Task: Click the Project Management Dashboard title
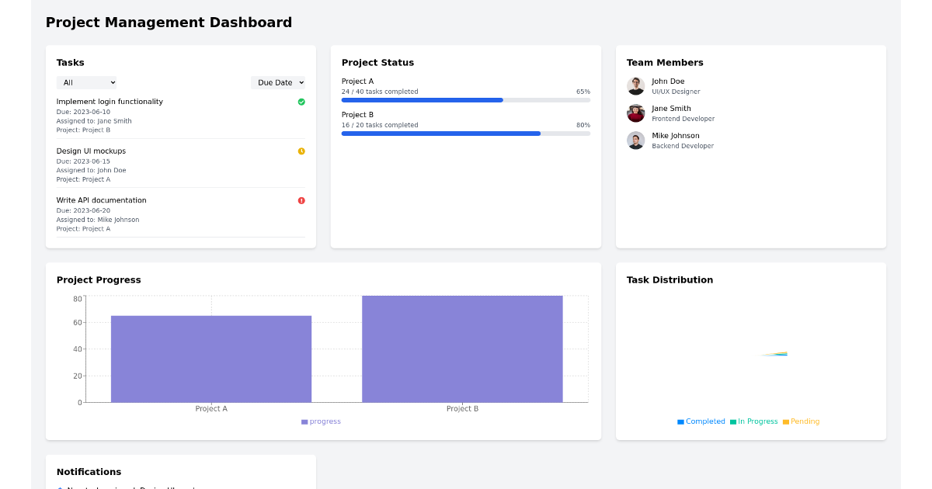tap(169, 23)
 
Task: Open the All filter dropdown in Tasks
tap(86, 82)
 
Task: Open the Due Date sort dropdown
tap(278, 82)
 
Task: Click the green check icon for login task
tap(301, 102)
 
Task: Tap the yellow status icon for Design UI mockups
tap(301, 151)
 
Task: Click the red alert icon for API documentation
tap(301, 200)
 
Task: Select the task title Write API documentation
tap(101, 200)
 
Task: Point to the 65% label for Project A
tap(582, 92)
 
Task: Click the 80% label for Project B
tap(582, 125)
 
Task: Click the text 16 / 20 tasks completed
tap(380, 125)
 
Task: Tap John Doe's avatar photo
tap(635, 85)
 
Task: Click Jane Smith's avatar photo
tap(635, 113)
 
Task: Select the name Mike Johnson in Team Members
tap(675, 136)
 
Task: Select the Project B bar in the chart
tap(462, 349)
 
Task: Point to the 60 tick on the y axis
tap(77, 323)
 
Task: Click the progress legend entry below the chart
tap(321, 421)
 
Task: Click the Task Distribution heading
tap(669, 280)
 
